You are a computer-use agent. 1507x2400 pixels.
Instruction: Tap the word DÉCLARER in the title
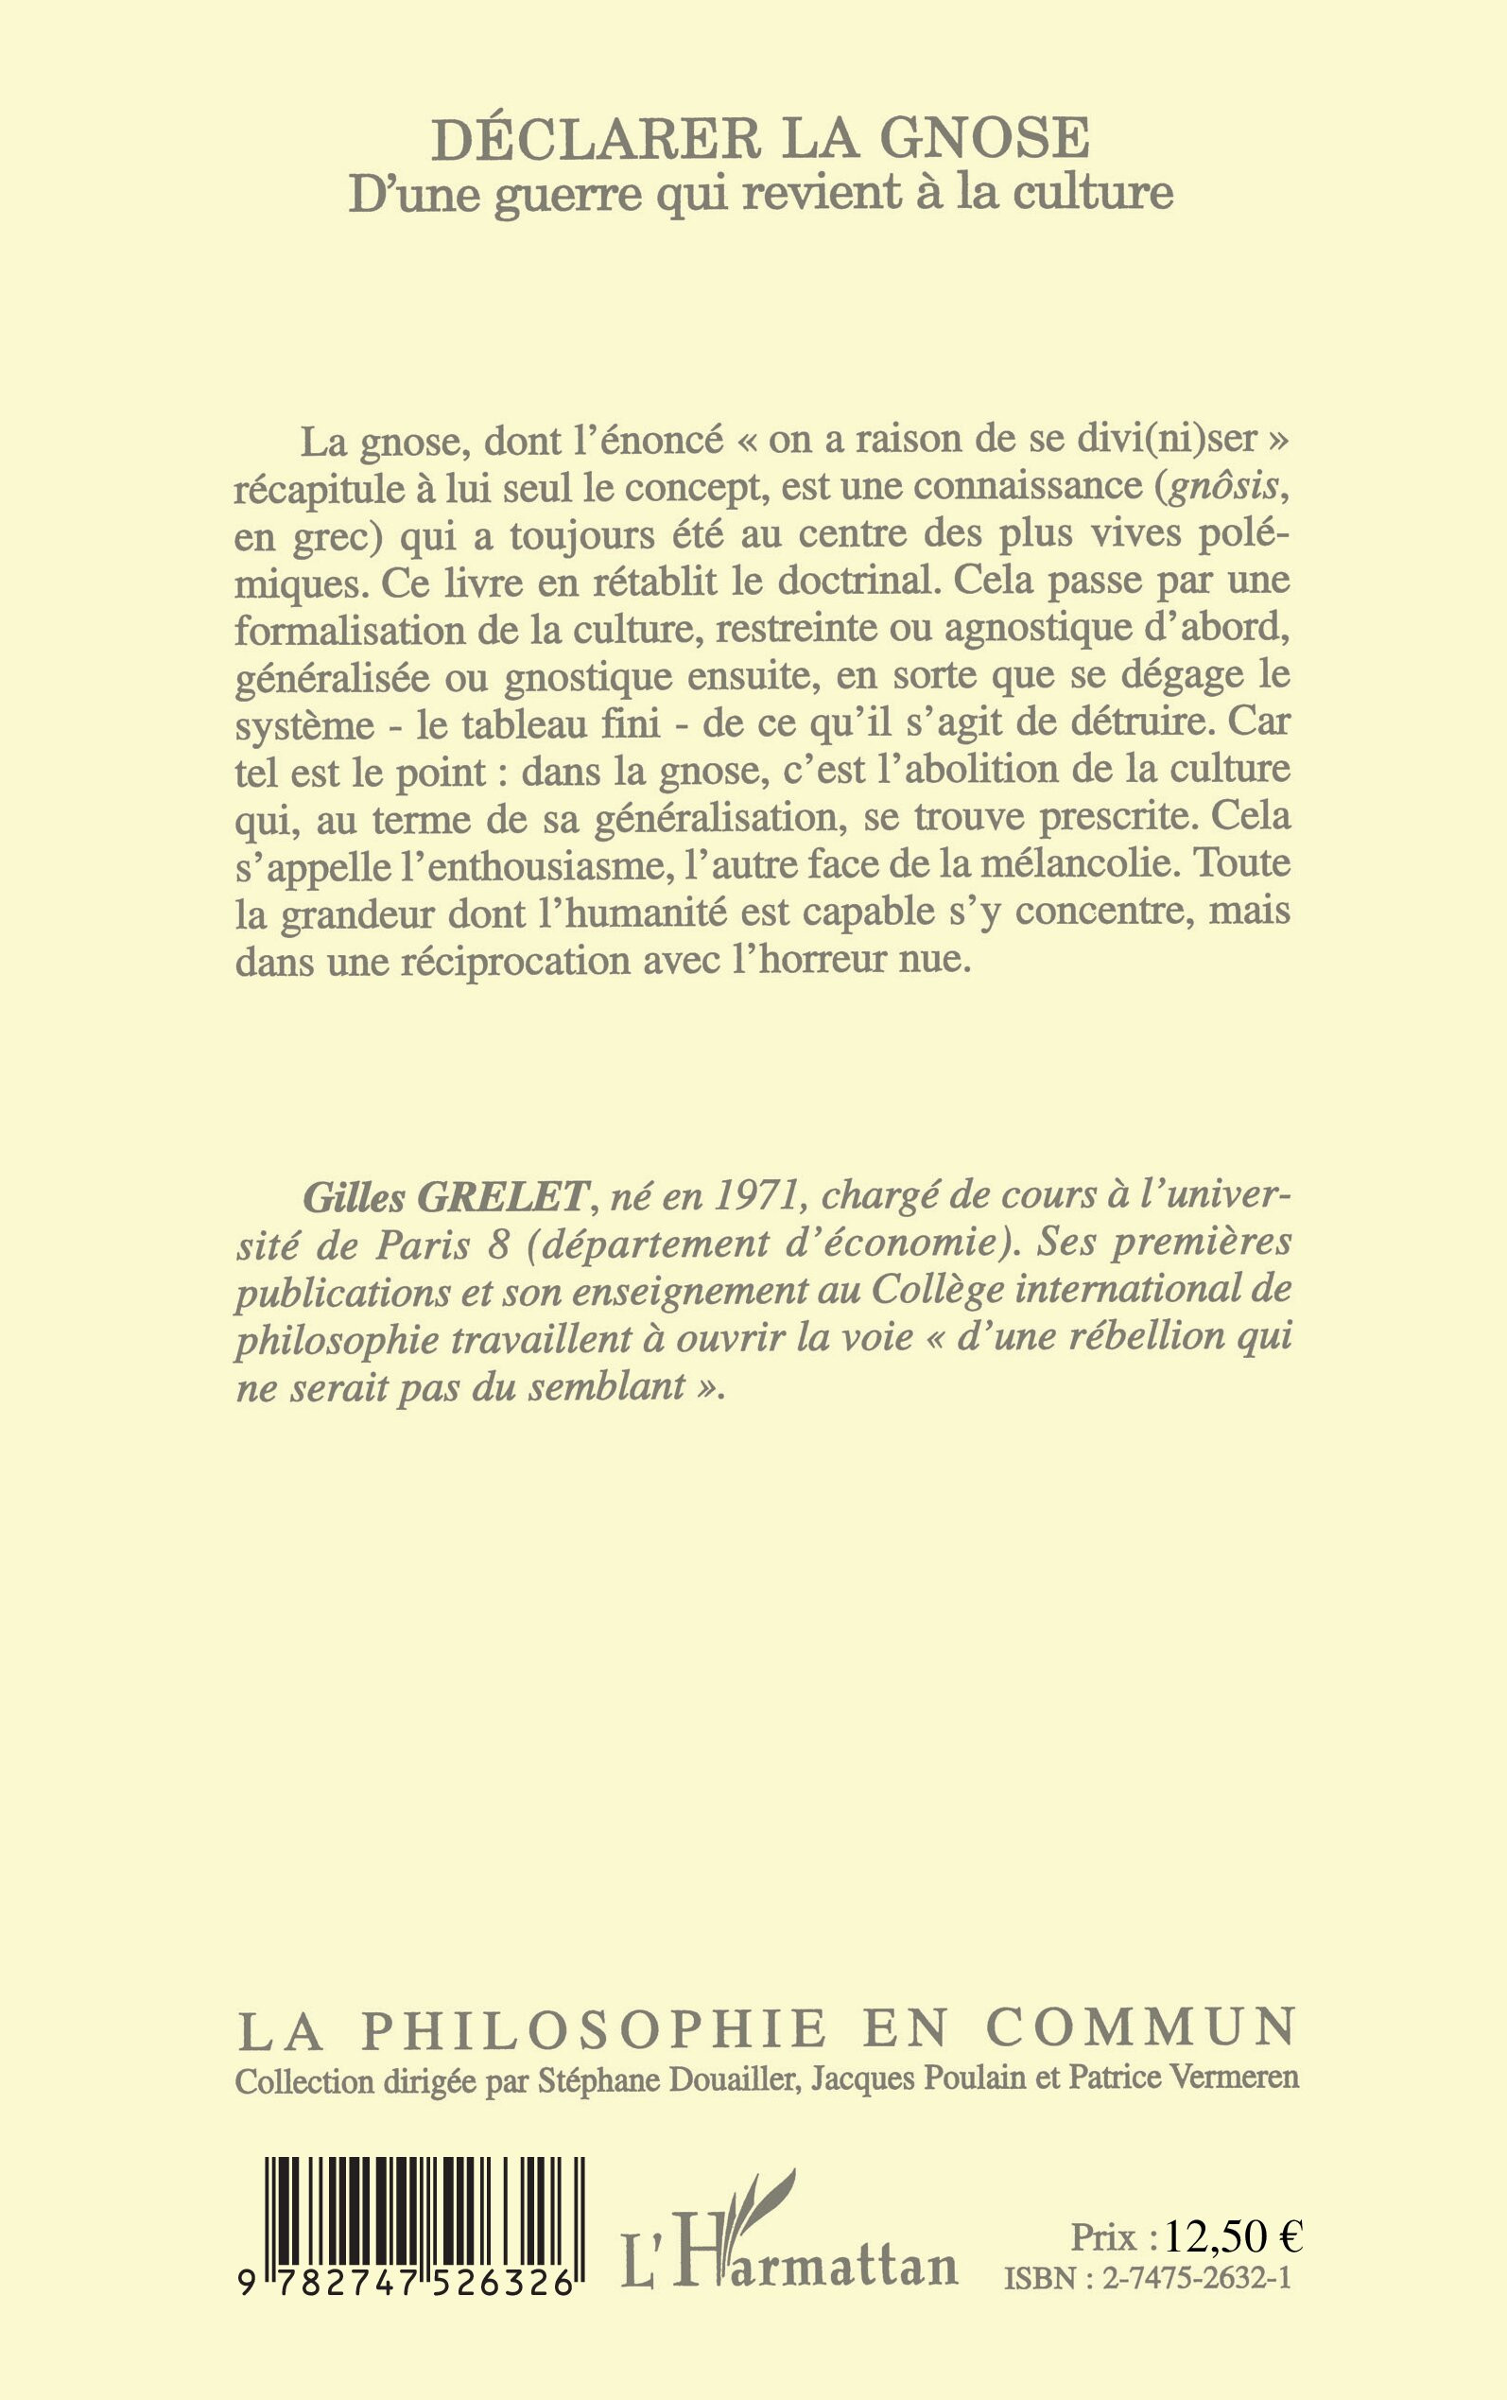click(596, 139)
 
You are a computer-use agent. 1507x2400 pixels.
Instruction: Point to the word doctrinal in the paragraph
click(838, 581)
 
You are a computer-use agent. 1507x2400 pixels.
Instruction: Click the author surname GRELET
click(502, 1196)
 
